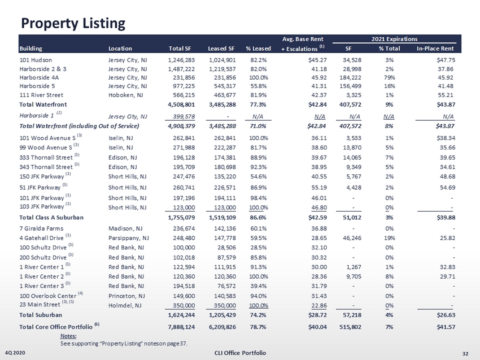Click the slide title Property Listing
point(72,23)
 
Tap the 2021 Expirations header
point(394,39)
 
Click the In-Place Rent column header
point(435,49)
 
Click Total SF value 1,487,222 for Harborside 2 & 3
point(182,68)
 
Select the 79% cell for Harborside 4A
point(389,77)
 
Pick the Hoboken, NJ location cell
point(126,95)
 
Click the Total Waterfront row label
point(43,104)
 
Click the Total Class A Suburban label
point(51,217)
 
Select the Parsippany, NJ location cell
point(128,238)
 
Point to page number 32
point(465,353)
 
